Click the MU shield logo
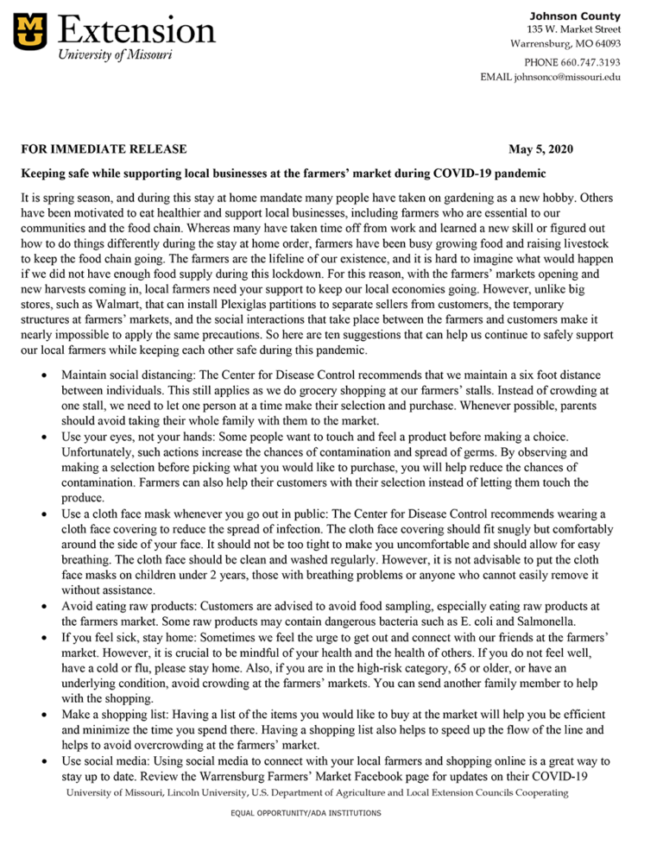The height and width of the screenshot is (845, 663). [x=30, y=31]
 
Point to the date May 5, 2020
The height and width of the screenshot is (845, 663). [x=534, y=149]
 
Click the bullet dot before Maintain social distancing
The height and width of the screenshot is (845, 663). [x=44, y=377]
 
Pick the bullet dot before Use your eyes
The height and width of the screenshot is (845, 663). [x=44, y=438]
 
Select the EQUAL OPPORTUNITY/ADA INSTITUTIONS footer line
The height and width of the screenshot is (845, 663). [x=305, y=813]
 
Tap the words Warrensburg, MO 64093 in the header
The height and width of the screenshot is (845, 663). [x=565, y=44]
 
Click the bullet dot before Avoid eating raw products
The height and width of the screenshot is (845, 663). [x=44, y=607]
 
